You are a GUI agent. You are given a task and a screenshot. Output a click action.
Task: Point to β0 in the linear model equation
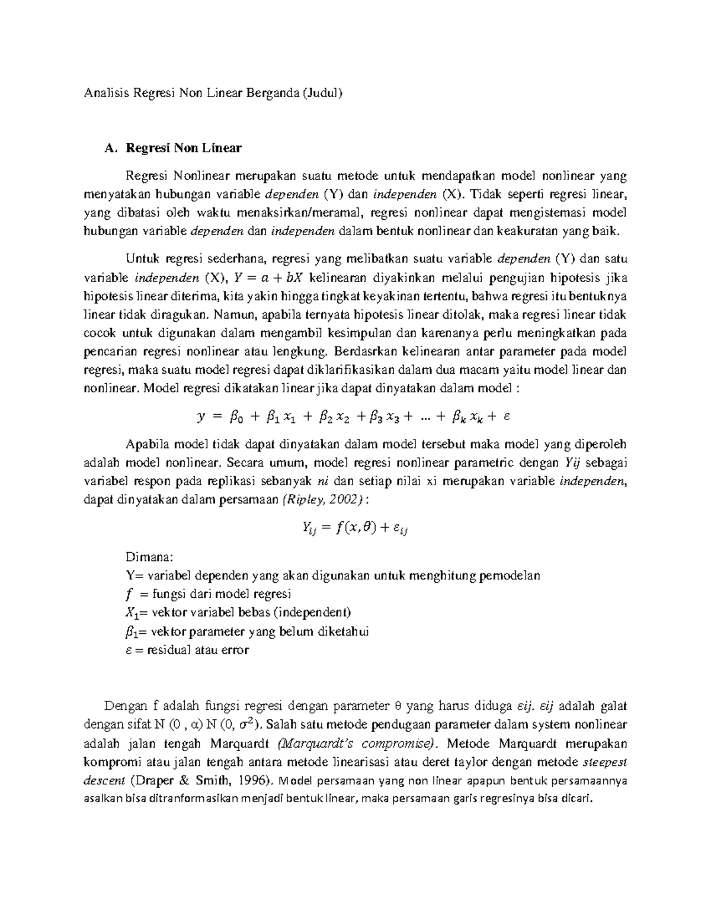click(235, 418)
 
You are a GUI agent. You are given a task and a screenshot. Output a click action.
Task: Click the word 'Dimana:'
click(150, 557)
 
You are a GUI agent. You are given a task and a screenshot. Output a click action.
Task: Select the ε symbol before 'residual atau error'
click(130, 650)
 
